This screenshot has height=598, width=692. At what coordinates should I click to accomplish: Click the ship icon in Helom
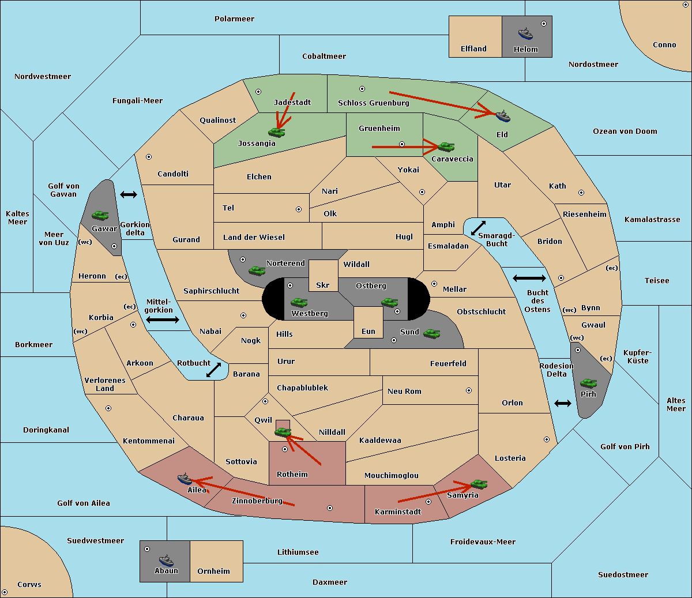coord(525,34)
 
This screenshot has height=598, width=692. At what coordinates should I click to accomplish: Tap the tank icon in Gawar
coord(100,216)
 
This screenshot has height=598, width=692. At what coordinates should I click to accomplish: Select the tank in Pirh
coord(588,383)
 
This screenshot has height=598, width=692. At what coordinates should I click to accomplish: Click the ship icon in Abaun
coord(166,560)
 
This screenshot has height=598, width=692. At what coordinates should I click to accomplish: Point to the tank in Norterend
coord(257,270)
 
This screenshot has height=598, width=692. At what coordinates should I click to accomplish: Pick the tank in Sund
coord(431,333)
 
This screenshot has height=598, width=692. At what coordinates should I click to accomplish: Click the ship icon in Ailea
coord(185,479)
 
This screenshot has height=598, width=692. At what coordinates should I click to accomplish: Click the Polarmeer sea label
coord(234,19)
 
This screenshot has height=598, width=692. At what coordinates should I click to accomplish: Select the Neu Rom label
coord(404,391)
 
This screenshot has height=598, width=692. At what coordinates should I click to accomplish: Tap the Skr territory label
coord(323,285)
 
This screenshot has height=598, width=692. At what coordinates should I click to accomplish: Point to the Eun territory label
coord(368,331)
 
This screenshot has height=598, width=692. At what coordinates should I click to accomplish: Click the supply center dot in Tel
coord(299,209)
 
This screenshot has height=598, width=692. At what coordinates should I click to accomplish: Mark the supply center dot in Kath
coord(581,193)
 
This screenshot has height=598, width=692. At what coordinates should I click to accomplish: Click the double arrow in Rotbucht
coord(214,370)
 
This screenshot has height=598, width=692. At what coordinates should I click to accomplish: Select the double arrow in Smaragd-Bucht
coord(478,228)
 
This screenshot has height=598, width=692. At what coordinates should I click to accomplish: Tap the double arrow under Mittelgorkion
coord(163,319)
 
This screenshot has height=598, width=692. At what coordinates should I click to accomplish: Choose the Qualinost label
coord(217,120)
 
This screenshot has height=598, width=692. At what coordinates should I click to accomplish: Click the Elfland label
coord(473,48)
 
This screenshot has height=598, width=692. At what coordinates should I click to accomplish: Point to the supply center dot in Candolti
coord(149,157)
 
